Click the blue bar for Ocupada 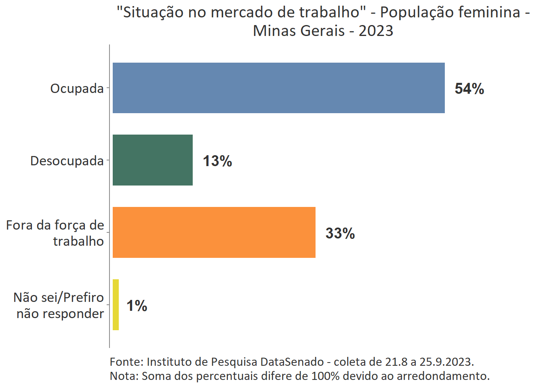coord(278,88)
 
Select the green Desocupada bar coord(152,160)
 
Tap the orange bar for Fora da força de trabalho coord(214,232)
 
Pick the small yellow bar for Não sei coord(116,305)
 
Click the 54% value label coord(469,89)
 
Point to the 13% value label coord(217,161)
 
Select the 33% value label coord(340,234)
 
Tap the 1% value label coord(137,306)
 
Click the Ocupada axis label coord(77,89)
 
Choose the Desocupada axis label coord(67,161)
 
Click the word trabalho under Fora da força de coord(78,241)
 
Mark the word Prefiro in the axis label coord(84,297)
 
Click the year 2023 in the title coord(376,31)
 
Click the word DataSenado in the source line coord(292,362)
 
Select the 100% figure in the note coord(325,376)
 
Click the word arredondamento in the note coord(443,376)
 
